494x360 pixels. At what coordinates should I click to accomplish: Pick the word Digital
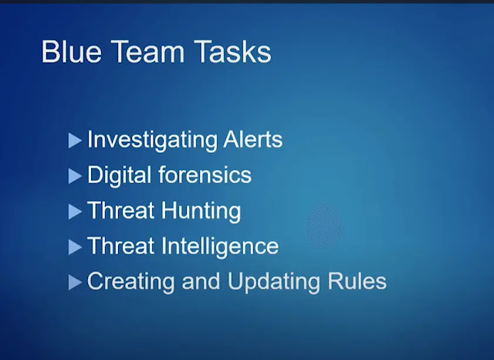120,175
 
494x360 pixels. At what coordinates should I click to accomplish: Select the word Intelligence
224,246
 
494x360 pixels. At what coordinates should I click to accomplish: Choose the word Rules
361,280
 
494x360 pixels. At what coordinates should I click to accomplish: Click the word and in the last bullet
201,280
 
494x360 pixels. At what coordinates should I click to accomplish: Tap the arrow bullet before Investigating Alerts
75,141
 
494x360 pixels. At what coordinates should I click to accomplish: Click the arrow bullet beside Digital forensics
75,176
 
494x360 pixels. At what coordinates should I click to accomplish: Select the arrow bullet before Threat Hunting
75,211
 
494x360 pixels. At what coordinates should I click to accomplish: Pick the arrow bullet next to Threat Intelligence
75,246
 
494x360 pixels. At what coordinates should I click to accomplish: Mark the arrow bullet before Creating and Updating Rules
75,282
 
